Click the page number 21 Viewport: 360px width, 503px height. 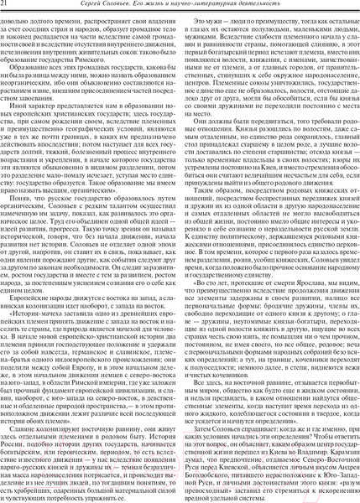click(x=10, y=8)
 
